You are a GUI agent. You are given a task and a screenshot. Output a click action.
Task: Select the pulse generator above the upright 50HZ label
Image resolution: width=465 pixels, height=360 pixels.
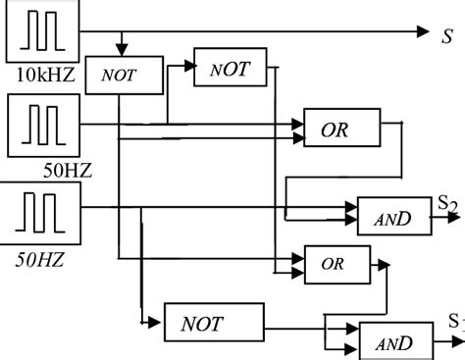pos(36,124)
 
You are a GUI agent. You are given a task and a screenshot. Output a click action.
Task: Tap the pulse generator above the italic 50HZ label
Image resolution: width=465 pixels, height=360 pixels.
pos(36,212)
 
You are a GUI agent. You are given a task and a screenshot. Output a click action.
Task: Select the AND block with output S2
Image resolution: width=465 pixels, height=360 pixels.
pos(392,218)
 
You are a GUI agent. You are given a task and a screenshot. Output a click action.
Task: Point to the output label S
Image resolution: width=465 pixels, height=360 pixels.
pos(446,35)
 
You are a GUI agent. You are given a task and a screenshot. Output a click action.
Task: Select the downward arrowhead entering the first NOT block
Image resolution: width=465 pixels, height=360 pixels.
pos(121,49)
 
